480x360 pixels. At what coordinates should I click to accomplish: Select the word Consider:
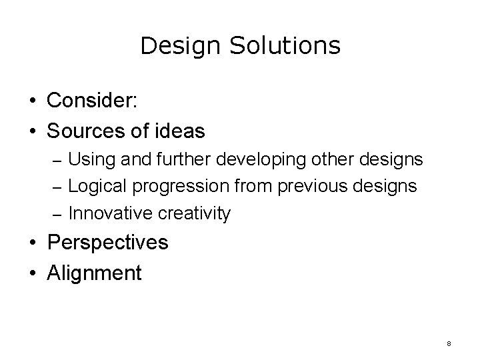93,102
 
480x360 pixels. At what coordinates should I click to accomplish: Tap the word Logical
97,186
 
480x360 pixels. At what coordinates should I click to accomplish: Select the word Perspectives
108,243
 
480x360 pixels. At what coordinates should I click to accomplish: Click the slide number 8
449,343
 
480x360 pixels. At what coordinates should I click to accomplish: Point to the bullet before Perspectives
33,243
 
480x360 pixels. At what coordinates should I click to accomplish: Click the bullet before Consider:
33,102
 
